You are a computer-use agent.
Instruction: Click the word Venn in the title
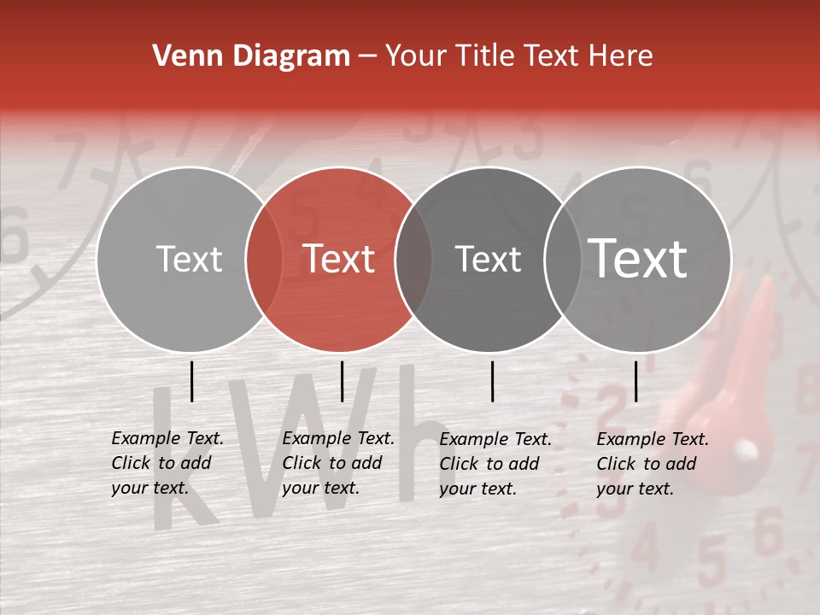click(x=180, y=56)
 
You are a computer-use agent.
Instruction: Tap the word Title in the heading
click(x=486, y=56)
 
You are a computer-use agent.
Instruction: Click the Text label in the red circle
click(x=339, y=259)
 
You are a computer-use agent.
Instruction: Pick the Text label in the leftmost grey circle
click(x=190, y=259)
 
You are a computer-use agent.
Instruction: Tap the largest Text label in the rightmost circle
click(x=638, y=258)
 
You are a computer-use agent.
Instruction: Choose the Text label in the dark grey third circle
click(x=489, y=259)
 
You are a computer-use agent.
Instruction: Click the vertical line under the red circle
click(x=342, y=381)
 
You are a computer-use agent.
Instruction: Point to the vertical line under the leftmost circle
click(x=192, y=381)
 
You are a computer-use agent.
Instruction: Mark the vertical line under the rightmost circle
click(x=636, y=381)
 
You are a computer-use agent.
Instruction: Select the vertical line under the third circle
click(x=493, y=381)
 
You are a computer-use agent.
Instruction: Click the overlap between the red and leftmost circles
click(x=264, y=259)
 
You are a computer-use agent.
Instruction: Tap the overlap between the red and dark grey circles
click(x=413, y=259)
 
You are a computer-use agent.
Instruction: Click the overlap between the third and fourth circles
click(x=563, y=259)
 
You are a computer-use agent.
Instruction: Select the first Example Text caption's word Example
click(x=146, y=438)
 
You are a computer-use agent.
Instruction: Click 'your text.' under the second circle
click(x=320, y=488)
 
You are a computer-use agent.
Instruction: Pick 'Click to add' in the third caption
click(x=489, y=464)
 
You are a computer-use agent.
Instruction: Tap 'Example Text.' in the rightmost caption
click(x=653, y=439)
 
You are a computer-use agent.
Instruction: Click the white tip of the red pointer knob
click(x=746, y=448)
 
